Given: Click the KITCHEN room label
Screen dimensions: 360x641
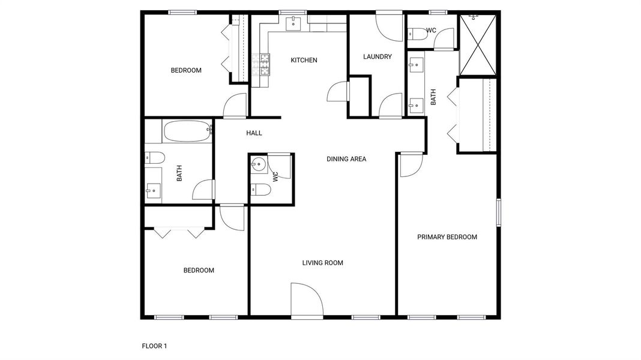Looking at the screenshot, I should (x=304, y=60).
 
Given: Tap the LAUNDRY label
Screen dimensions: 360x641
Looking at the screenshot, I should (x=378, y=57).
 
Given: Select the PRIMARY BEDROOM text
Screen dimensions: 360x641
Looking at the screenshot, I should (x=447, y=237).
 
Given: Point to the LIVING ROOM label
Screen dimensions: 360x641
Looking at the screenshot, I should (x=322, y=263).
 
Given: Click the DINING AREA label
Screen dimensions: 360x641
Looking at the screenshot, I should (x=346, y=159).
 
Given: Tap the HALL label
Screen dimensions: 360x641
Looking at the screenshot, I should (x=254, y=133).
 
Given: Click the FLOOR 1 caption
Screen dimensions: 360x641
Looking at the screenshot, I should (x=154, y=346).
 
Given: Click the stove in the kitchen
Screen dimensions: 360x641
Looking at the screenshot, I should (x=264, y=63).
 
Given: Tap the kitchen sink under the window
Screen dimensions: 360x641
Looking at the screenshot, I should (x=293, y=23).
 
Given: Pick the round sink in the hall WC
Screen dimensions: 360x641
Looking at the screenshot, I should (x=259, y=163).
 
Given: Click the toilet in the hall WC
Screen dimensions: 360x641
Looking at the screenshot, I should (x=260, y=190).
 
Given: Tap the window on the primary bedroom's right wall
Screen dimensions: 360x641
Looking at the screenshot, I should (x=498, y=212).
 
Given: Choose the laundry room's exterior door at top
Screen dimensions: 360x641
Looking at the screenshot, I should (x=389, y=25).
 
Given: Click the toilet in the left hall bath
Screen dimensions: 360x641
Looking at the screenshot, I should (x=155, y=159).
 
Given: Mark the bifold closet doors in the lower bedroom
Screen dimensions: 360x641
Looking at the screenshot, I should (x=179, y=232).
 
